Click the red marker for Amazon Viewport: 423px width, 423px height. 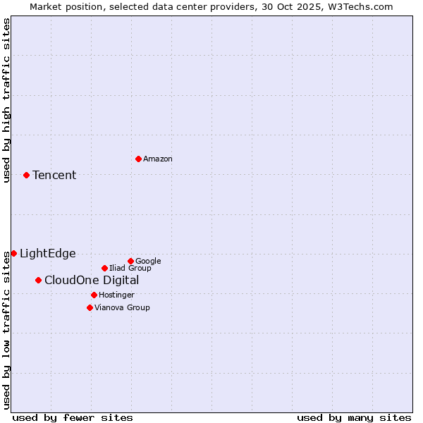(x=138, y=159)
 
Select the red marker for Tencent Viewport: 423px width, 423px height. (x=26, y=175)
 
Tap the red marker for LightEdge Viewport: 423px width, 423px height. (x=13, y=253)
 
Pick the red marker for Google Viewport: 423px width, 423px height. (x=130, y=261)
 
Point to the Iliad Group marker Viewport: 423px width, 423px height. (x=104, y=268)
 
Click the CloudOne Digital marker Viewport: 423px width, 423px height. (x=38, y=280)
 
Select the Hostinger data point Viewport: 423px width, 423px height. (x=94, y=295)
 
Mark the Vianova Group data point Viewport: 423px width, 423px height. (x=90, y=307)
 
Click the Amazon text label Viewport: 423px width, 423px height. (x=158, y=159)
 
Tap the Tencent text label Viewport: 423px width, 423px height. (x=54, y=176)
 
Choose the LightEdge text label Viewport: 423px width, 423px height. (x=47, y=254)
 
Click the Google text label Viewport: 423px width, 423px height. (x=148, y=262)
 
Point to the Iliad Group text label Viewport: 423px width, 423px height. (x=130, y=269)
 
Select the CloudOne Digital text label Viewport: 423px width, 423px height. (x=92, y=281)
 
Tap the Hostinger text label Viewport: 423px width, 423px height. (x=116, y=295)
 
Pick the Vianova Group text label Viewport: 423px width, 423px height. (x=122, y=308)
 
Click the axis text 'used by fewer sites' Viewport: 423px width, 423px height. (x=73, y=417)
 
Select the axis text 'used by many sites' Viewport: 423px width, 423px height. (x=354, y=417)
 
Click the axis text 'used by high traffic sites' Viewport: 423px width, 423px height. (x=6, y=100)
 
